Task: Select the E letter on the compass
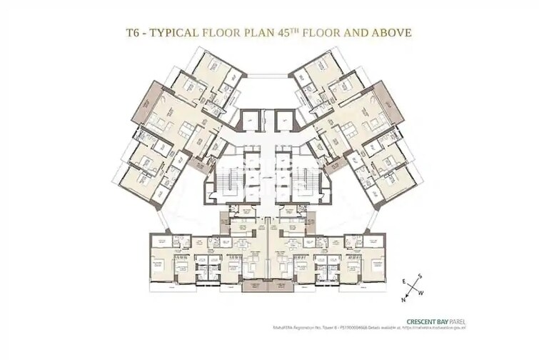click(403, 280)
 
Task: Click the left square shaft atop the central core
click(250, 121)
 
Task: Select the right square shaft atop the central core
click(287, 121)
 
